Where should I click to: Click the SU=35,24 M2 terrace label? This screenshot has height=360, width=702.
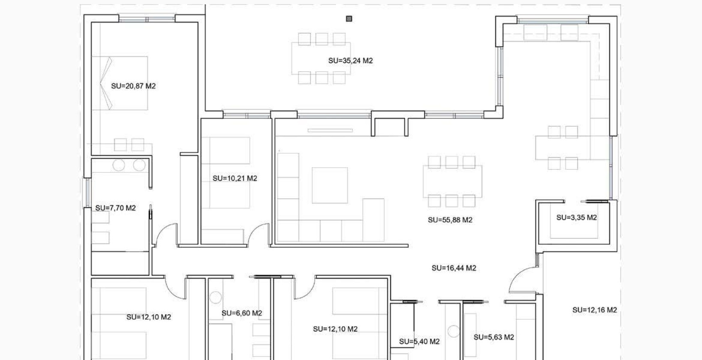(351, 61)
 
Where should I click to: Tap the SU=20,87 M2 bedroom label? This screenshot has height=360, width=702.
(133, 86)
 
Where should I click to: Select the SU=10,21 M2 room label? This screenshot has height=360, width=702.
(235, 178)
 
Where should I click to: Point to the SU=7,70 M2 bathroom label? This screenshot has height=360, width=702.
(115, 208)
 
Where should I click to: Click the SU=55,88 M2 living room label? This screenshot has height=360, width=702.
(450, 220)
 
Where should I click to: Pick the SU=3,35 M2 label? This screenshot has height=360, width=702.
(576, 218)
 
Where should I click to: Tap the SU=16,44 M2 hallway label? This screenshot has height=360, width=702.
(454, 268)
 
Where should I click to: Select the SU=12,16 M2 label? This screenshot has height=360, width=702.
(594, 310)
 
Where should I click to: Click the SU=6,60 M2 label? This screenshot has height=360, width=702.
(242, 313)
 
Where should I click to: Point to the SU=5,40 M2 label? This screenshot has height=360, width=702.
(419, 342)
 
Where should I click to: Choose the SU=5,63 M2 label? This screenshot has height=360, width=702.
(494, 337)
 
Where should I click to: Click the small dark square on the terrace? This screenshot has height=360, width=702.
(349, 19)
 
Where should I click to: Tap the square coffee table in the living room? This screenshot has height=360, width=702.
(330, 185)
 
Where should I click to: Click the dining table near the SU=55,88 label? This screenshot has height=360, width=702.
(452, 181)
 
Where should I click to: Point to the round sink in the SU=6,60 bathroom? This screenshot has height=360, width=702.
(216, 297)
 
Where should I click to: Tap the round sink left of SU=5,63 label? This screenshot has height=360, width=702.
(453, 331)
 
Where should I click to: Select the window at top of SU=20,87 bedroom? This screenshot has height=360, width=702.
(147, 19)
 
